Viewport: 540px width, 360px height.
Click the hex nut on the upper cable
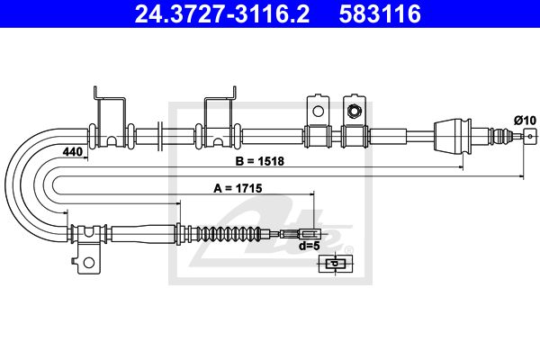coord(355,112)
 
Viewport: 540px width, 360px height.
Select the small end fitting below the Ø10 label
coord(527,136)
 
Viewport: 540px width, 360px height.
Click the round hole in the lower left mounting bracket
coord(88,264)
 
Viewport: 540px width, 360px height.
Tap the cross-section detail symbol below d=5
coord(334,264)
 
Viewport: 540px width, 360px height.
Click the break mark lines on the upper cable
coord(159,135)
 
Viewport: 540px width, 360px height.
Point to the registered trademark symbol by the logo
coord(349,250)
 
